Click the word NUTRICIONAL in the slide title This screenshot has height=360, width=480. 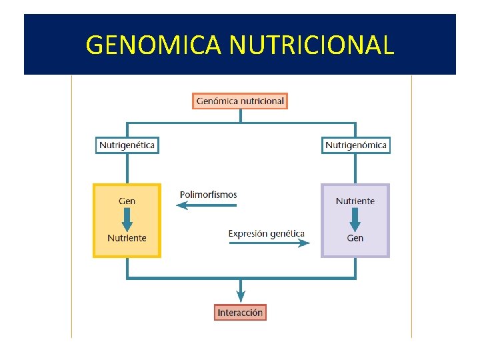(311, 45)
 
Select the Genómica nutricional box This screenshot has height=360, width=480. (241, 101)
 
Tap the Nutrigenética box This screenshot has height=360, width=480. (127, 145)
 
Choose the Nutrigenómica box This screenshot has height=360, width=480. (356, 145)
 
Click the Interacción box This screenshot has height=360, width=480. (241, 312)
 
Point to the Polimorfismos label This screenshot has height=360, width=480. (208, 195)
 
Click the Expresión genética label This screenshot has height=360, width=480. (266, 233)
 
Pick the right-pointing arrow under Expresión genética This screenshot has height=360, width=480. (269, 243)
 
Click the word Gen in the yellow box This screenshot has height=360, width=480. (127, 201)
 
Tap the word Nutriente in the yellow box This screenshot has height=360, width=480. (127, 238)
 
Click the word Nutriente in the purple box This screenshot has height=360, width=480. (355, 201)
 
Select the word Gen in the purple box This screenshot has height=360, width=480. (355, 238)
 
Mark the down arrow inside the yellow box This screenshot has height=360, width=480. (127, 219)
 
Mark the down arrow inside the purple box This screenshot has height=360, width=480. (355, 219)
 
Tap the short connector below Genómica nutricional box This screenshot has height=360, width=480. (241, 115)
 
